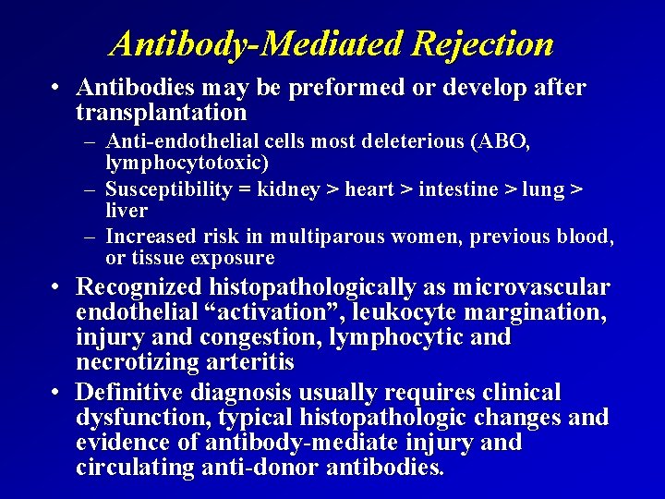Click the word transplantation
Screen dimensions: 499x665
click(162, 113)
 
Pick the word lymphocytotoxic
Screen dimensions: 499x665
click(186, 164)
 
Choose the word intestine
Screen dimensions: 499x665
click(455, 189)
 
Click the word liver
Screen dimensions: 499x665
click(127, 211)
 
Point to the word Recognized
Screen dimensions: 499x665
click(140, 287)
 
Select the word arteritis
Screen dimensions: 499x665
click(243, 362)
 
